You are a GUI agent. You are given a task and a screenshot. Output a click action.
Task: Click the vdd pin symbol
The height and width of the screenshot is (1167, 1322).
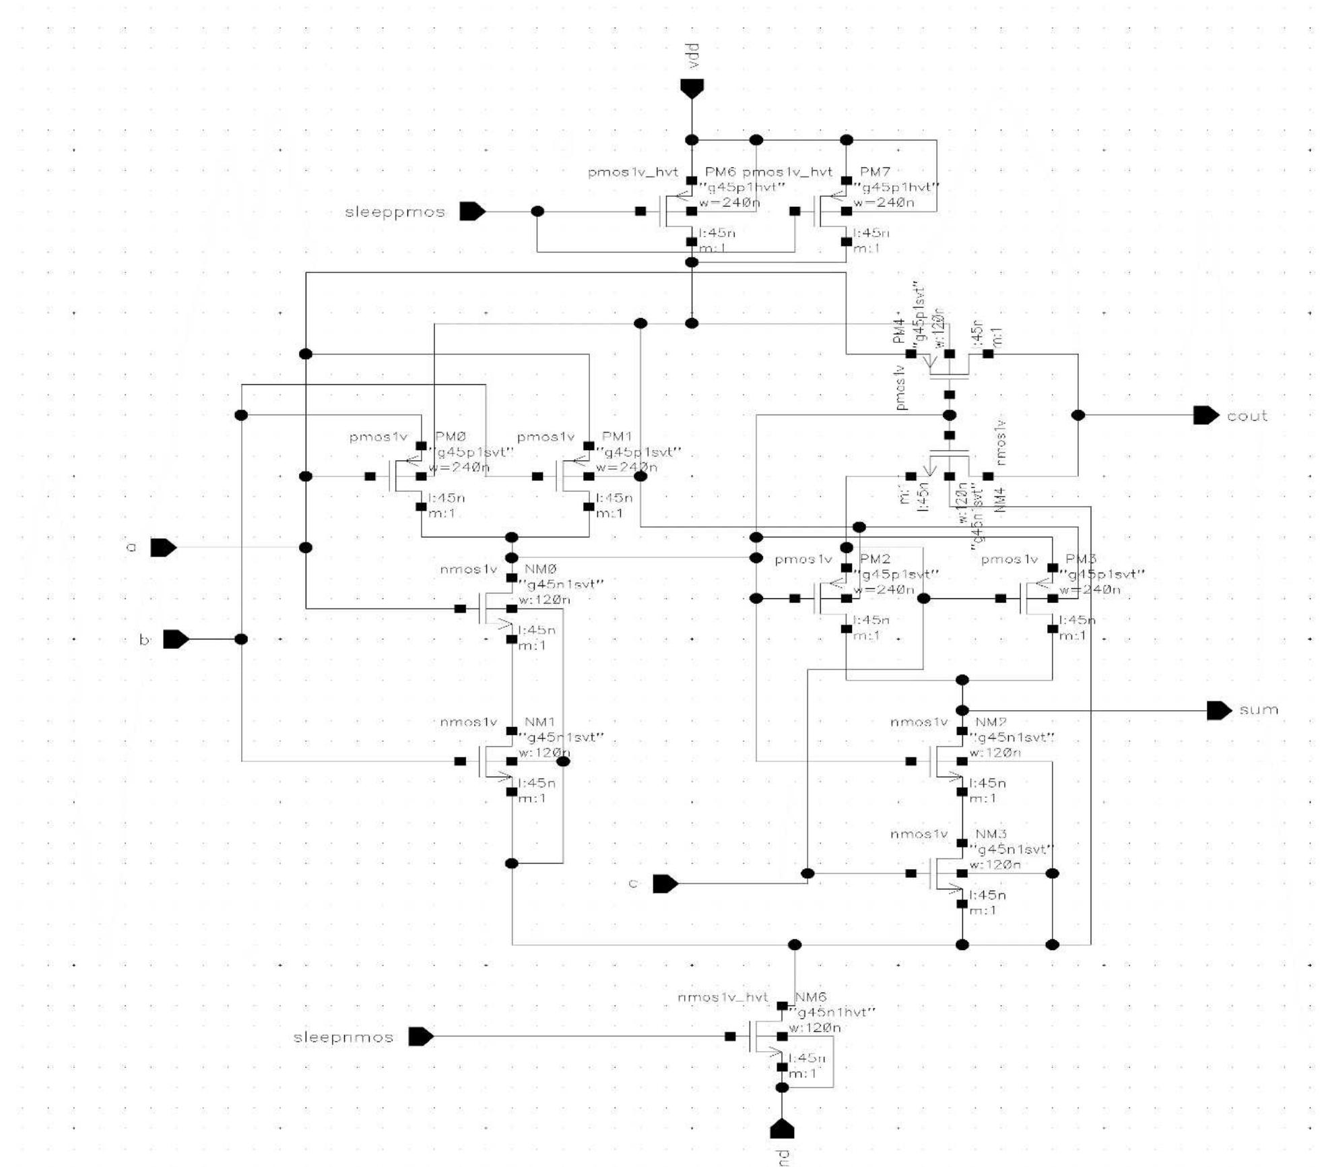[x=692, y=88]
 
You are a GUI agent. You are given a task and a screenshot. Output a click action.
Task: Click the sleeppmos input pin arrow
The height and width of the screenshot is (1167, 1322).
[x=472, y=212]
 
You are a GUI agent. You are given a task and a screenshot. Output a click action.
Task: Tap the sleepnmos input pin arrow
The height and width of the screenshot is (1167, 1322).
[x=421, y=1036]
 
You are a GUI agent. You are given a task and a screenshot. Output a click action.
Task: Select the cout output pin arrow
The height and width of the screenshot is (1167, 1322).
[x=1205, y=415]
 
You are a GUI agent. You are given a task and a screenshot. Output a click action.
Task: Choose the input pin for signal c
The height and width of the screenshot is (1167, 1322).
[x=665, y=883]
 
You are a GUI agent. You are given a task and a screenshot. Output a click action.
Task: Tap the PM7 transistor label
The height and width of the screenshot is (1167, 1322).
[x=875, y=172]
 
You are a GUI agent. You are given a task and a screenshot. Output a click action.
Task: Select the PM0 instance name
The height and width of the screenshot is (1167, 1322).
[x=451, y=437]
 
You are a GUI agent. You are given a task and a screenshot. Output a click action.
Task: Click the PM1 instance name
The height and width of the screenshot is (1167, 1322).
[x=617, y=437]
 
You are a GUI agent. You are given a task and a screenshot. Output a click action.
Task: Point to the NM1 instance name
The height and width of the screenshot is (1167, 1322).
[x=539, y=722]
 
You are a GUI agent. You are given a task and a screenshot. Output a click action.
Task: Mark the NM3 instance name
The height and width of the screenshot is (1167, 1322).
[x=991, y=834]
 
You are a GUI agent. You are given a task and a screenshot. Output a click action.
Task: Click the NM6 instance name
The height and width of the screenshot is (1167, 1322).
[x=810, y=997]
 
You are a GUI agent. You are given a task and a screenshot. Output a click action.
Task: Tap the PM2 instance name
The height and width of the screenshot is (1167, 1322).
[x=875, y=559]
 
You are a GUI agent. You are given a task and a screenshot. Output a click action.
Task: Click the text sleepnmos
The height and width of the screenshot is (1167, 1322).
[x=343, y=1037]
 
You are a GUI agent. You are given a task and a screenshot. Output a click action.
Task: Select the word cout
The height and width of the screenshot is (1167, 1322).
[x=1247, y=416]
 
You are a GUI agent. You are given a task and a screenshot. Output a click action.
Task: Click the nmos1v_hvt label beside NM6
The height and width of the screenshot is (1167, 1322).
[x=723, y=997]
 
